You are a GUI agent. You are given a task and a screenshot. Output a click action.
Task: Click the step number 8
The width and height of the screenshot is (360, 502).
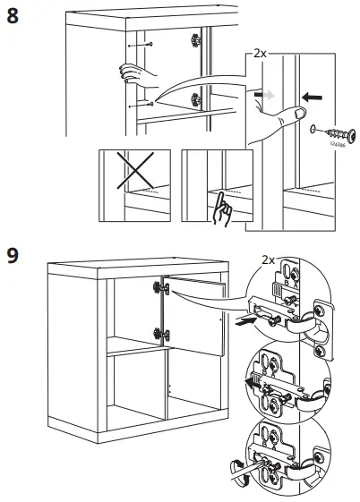coord(13,17)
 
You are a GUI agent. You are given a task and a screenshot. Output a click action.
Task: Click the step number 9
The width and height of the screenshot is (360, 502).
coord(13,256)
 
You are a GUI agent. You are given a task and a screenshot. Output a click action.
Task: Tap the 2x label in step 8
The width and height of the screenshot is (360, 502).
coord(260,54)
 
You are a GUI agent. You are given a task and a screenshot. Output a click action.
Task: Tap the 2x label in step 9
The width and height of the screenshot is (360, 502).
coord(266,260)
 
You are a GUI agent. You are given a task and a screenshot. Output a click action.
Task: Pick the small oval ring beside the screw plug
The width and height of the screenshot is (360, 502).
coord(313,131)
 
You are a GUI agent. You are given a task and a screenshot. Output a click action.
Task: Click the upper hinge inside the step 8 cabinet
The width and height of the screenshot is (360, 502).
coord(194,39)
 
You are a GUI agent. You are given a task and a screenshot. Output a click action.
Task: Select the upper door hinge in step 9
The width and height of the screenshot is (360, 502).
coord(161,287)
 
